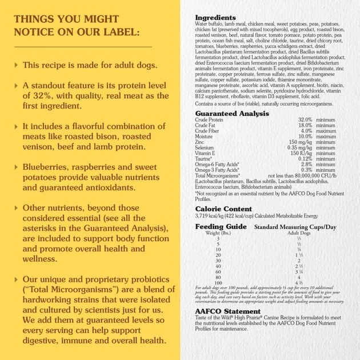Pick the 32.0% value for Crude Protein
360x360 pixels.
tap(305, 119)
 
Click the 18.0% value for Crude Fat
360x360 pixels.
tap(305, 125)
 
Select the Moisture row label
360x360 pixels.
tap(204, 137)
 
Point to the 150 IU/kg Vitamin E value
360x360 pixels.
tap(303, 153)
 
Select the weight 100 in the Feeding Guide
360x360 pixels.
tap(218, 282)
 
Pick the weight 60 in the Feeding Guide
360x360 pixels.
tap(218, 271)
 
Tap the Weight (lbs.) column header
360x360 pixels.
tap(219, 233)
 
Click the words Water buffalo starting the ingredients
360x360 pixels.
tap(209, 25)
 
